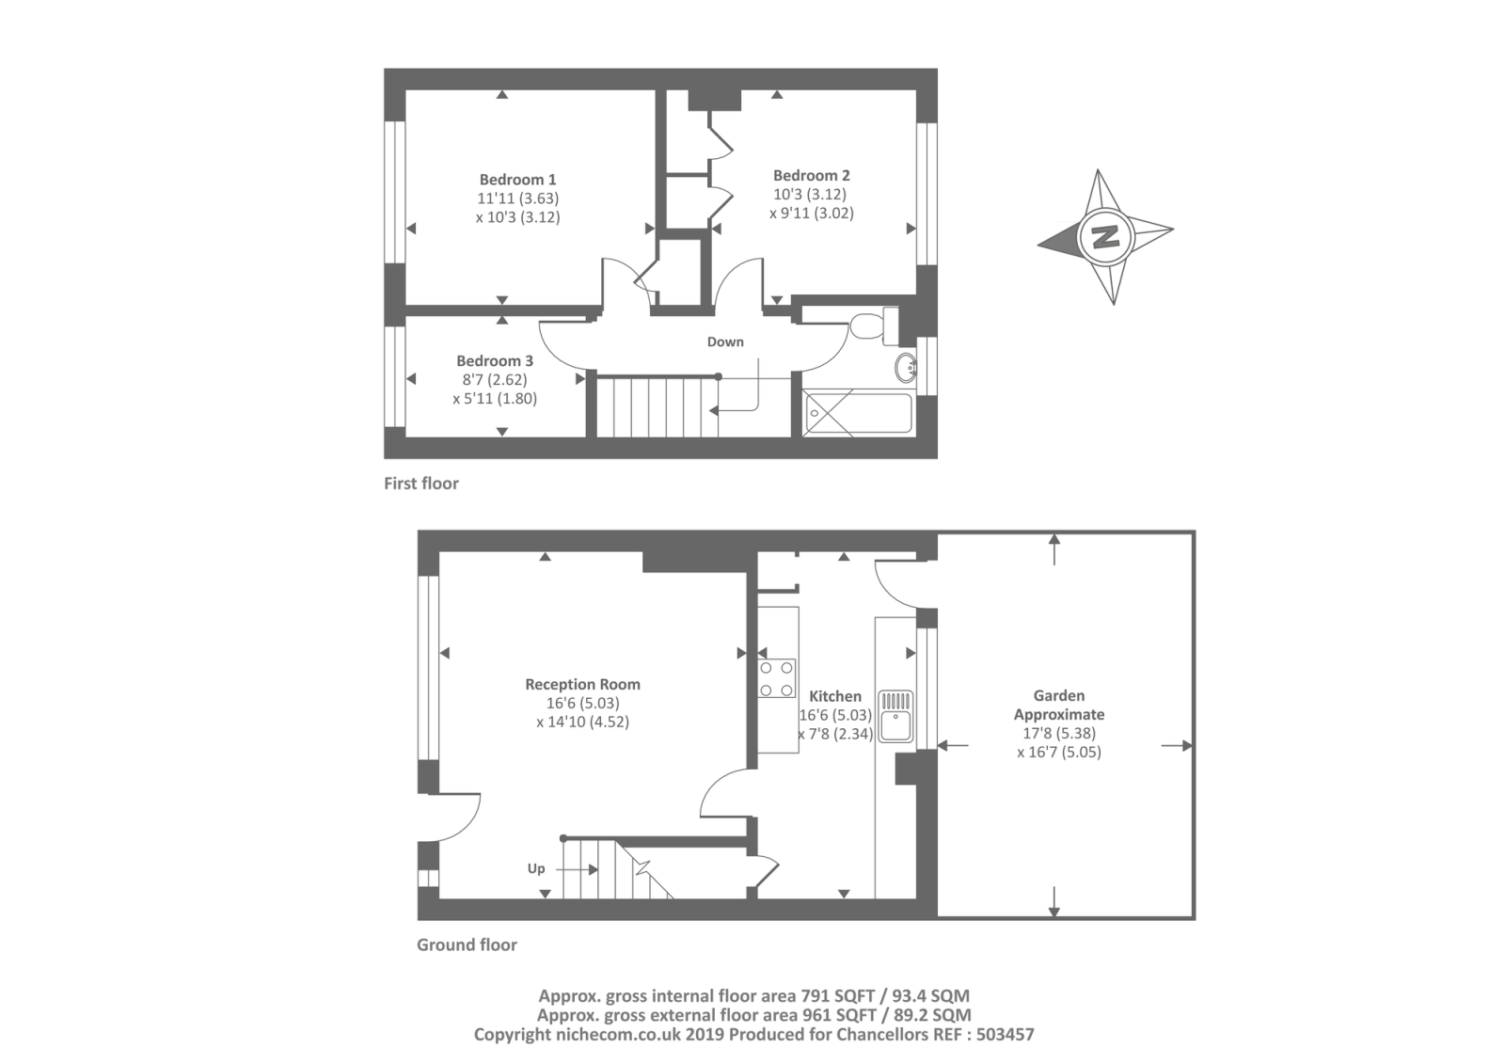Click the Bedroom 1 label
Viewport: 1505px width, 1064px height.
click(x=517, y=180)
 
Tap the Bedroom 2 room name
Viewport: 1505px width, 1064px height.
click(x=811, y=176)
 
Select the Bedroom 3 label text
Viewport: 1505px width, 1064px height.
click(x=495, y=361)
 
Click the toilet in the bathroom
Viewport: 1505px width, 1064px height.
click(x=870, y=326)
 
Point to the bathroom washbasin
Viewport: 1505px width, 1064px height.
click(x=906, y=367)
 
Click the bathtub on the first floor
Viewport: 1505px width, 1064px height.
click(x=858, y=414)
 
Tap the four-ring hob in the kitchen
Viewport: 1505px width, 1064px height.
click(x=777, y=678)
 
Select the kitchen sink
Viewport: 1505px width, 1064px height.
click(x=895, y=717)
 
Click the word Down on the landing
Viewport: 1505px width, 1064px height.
click(x=725, y=342)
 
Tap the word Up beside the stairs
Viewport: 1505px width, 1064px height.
click(x=536, y=868)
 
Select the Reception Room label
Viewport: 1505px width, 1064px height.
click(x=582, y=685)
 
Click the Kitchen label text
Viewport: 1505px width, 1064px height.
click(x=835, y=697)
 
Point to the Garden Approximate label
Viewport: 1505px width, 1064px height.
click(x=1059, y=705)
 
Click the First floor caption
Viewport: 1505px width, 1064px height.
click(x=421, y=484)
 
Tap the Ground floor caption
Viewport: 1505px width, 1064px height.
click(x=467, y=945)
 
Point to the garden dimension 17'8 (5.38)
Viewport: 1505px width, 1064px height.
click(x=1059, y=734)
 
